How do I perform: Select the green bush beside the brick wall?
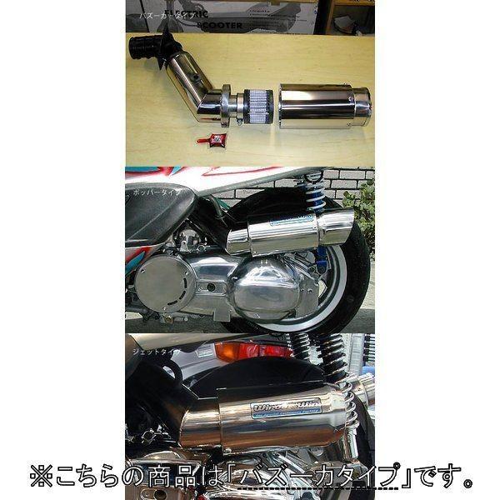363,204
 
